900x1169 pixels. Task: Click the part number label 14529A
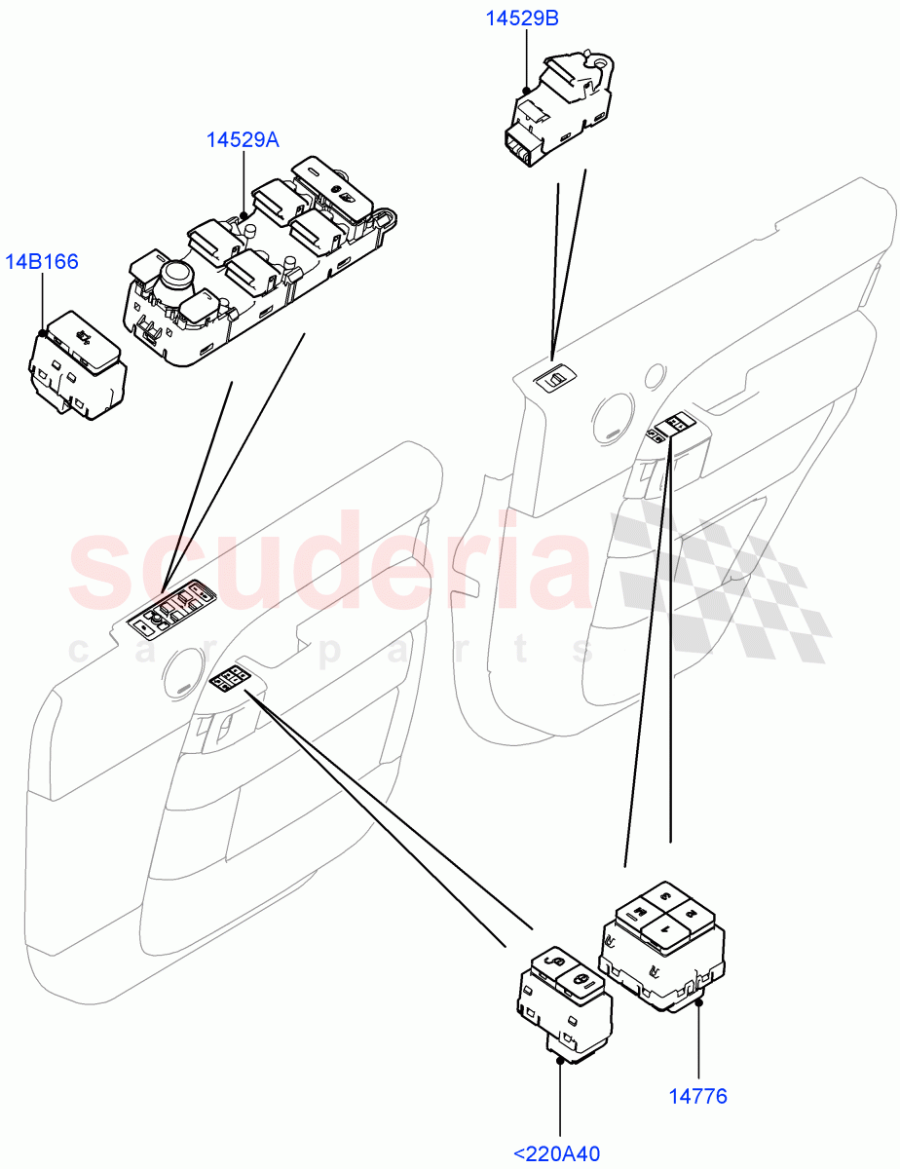(243, 140)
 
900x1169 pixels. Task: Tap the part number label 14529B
(523, 19)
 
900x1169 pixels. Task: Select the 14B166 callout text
(42, 261)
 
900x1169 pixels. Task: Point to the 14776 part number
(697, 1097)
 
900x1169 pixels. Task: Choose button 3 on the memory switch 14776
(665, 896)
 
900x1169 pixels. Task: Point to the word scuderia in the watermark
(331, 565)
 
